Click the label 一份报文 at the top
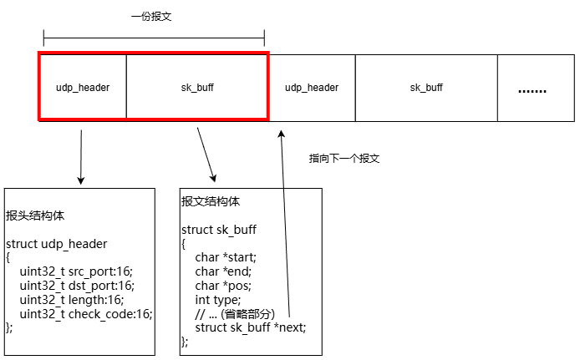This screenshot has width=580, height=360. coord(151,17)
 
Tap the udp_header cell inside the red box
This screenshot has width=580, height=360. coord(83,87)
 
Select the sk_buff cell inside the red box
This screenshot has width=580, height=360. coord(197,87)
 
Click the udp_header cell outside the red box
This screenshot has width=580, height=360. coord(312,88)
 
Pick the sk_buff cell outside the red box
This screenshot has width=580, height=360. coord(426,88)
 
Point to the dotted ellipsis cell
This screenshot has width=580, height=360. coord(536,88)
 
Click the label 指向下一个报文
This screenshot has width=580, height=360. coord(344,159)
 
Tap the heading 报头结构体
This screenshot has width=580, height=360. coord(35,215)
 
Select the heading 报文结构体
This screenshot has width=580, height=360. coord(211,201)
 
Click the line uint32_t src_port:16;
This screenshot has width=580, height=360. coord(76,271)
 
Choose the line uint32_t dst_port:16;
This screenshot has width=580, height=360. coord(77,286)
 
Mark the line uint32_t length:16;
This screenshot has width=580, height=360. coord(72,299)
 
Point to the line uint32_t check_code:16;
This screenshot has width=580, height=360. coord(86,314)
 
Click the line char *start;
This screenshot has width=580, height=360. coord(226,257)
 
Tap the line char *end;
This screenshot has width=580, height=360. coord(223,271)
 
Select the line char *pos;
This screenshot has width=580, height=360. coord(223,286)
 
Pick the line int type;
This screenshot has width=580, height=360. coord(218,300)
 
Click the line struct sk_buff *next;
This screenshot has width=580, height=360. coord(251,327)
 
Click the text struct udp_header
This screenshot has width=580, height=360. coord(56,244)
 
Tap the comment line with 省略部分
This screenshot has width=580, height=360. coord(235,314)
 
